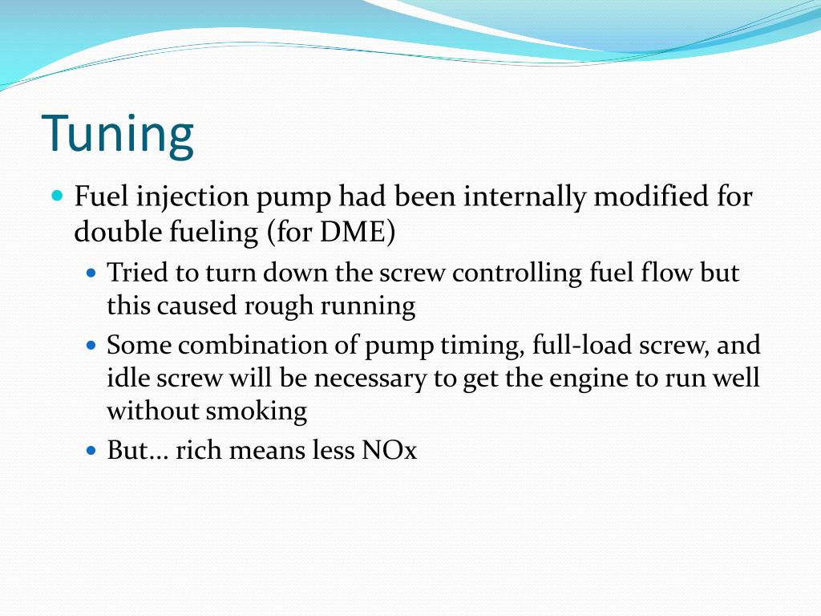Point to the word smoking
[x=257, y=411]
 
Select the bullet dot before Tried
[x=91, y=273]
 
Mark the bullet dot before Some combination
[x=91, y=346]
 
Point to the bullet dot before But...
[x=91, y=450]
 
